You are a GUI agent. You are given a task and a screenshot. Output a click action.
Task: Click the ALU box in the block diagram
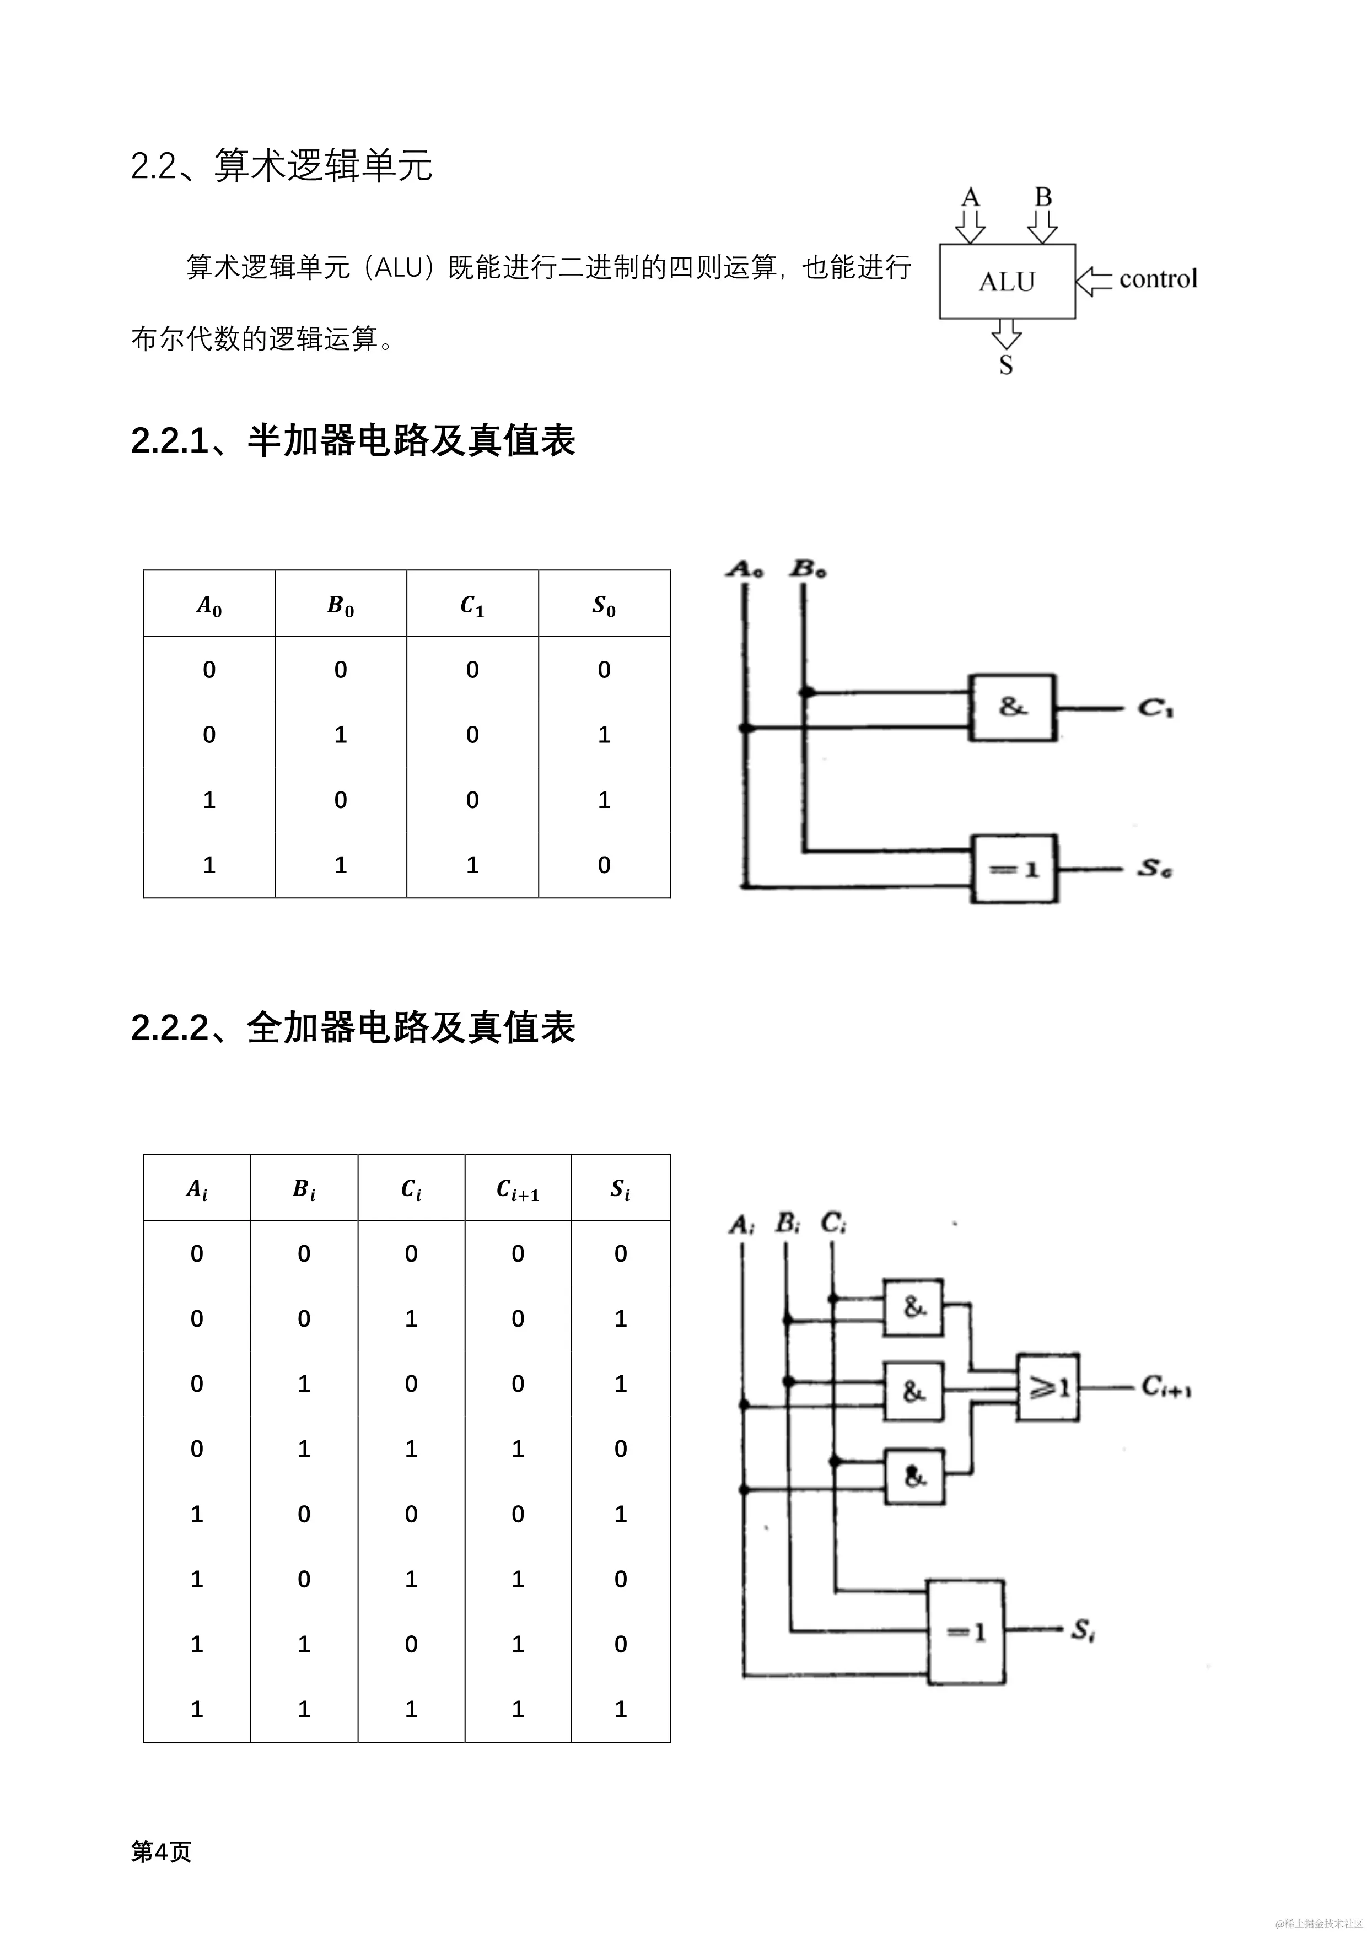click(1007, 281)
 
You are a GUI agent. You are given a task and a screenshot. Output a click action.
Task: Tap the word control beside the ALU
click(1158, 279)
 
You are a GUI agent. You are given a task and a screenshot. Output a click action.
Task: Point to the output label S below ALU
click(1006, 365)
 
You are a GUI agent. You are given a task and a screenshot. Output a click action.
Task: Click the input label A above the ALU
click(971, 197)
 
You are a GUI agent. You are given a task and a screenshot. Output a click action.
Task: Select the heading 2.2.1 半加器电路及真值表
click(353, 440)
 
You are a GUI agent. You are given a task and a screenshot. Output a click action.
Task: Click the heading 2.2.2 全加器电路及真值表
click(353, 1027)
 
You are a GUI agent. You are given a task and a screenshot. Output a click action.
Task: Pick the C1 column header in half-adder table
click(472, 605)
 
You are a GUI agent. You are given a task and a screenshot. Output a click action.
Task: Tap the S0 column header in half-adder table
click(604, 605)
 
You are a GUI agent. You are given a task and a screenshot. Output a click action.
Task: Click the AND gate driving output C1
click(1013, 707)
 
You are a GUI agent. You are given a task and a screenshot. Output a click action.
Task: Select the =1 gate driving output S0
click(1014, 869)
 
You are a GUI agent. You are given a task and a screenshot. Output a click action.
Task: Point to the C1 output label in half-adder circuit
click(1156, 708)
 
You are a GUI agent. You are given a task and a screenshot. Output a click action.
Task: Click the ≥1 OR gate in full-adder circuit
click(1048, 1387)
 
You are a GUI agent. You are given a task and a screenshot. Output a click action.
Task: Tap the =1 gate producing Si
click(966, 1632)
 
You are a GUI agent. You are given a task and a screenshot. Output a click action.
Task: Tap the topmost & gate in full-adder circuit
click(913, 1307)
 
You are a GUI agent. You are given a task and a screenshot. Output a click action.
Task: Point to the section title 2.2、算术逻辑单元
click(282, 165)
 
